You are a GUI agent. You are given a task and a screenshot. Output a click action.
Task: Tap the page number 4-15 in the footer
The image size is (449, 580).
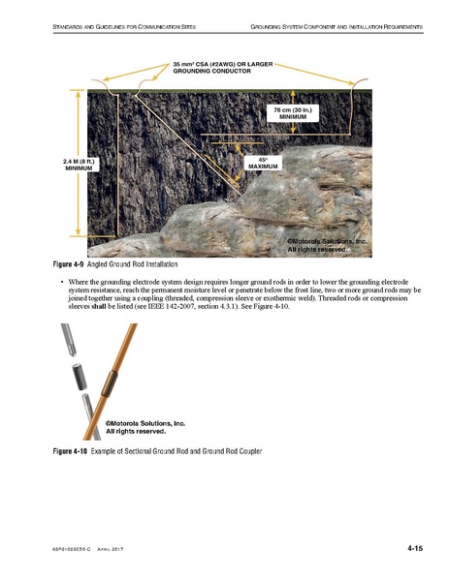(415, 549)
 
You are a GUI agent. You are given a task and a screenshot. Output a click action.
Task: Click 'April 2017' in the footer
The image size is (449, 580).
(117, 550)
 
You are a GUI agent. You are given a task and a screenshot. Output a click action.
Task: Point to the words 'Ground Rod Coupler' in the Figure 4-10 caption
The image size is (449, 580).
(229, 451)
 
